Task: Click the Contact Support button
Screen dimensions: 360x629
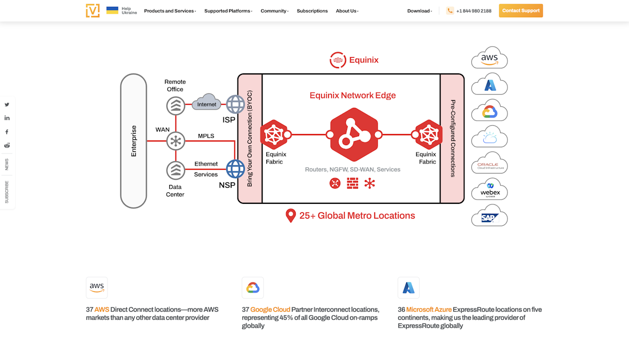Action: click(x=520, y=10)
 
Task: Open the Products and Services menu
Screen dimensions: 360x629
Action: click(x=170, y=11)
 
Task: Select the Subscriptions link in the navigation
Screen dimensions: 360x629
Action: click(x=312, y=11)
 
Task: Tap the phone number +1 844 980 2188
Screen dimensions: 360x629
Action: click(x=474, y=11)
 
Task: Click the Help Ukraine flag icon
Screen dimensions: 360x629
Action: click(x=112, y=10)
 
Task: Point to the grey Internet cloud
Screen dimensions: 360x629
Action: click(x=207, y=103)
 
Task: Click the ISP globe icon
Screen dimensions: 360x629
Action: click(x=235, y=105)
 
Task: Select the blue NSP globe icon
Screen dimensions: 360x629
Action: click(x=235, y=169)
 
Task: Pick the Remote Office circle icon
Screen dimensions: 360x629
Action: click(x=176, y=106)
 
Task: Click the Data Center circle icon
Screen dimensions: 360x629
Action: click(x=176, y=170)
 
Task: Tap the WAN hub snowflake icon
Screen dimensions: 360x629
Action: click(x=176, y=140)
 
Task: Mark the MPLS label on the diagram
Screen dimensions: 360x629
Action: click(x=205, y=136)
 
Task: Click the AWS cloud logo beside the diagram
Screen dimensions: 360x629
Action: click(x=489, y=58)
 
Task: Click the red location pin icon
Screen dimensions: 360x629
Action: click(x=290, y=215)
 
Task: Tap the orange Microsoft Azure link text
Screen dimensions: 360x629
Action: click(x=429, y=310)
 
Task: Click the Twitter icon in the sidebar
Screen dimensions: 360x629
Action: click(x=7, y=105)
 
